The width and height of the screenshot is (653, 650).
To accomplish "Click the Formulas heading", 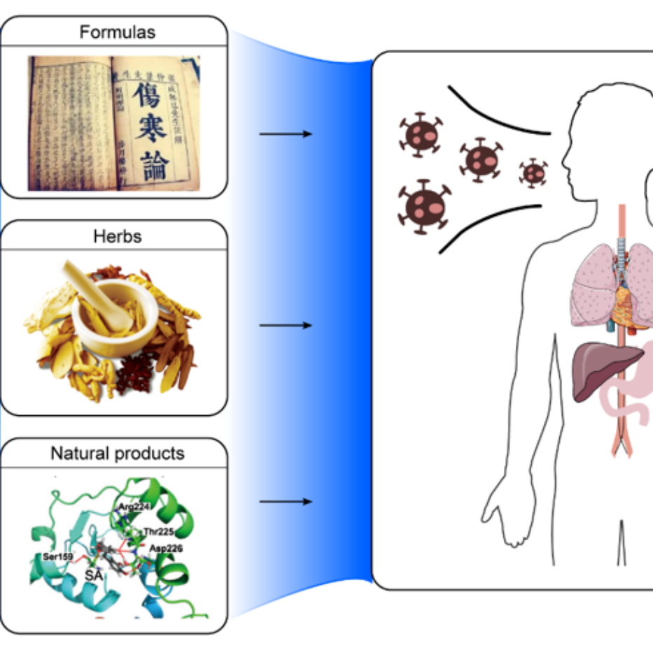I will [117, 32].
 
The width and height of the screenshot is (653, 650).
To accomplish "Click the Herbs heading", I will [117, 236].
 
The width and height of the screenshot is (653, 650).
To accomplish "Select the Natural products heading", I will [117, 454].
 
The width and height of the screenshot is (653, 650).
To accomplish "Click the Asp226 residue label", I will [165, 549].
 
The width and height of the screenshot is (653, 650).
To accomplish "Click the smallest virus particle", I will [533, 172].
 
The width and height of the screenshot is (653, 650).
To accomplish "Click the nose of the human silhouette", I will [564, 167].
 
